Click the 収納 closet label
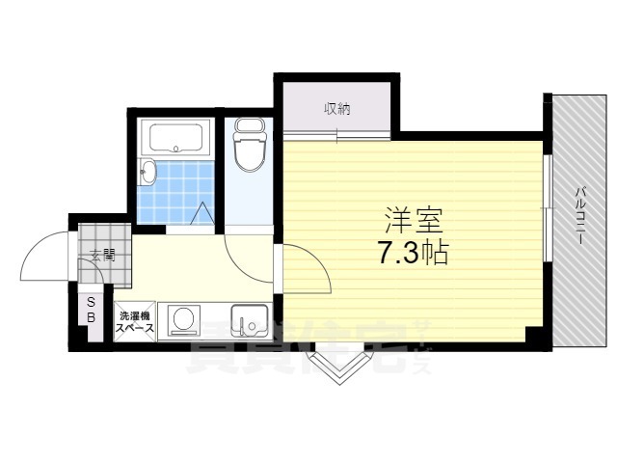point(336,108)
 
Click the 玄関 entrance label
point(102,256)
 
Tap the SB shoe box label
point(92,310)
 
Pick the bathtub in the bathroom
point(175,138)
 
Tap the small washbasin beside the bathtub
point(147,174)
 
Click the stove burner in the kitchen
point(181,319)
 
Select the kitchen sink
point(249,319)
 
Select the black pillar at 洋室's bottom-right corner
point(532,334)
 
